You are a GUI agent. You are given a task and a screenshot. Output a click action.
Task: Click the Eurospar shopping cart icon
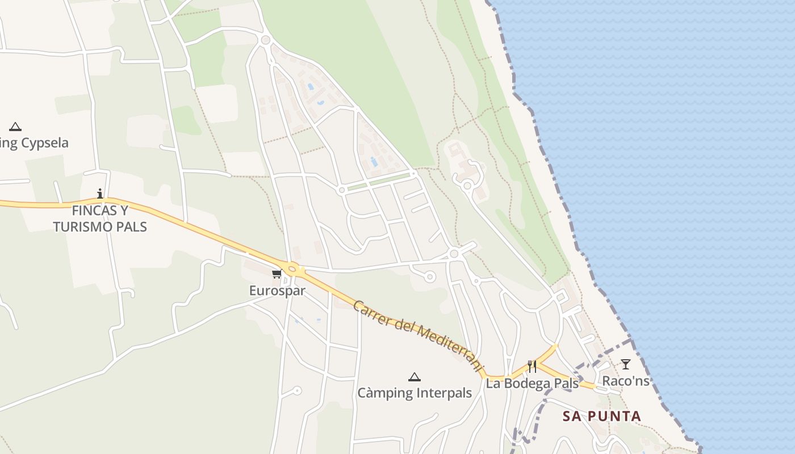point(277,274)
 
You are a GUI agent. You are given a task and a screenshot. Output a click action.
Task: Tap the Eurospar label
point(277,291)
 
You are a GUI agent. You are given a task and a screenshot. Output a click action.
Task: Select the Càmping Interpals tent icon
point(415,377)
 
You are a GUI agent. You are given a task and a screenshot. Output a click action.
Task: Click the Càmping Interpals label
point(415,393)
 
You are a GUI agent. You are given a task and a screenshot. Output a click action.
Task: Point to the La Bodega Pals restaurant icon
point(532,367)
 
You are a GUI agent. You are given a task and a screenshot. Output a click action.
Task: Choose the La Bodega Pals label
point(532,384)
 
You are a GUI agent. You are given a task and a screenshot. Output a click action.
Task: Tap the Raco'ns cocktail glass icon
point(625,364)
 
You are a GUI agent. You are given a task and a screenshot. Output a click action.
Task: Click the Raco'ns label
point(625,381)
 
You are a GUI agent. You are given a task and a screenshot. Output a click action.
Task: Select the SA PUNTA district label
point(601,416)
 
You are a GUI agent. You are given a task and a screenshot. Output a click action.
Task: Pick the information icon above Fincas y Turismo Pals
point(101,194)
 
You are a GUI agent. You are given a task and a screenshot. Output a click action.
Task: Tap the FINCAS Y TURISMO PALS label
point(100,219)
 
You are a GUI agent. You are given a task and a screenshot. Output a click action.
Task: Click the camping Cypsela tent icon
point(15,127)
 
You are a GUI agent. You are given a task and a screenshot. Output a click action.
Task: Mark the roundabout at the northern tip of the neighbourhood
point(265,40)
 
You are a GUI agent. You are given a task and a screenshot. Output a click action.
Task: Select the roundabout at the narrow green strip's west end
point(342,190)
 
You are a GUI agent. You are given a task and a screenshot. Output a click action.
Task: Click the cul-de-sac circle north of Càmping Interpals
point(430,277)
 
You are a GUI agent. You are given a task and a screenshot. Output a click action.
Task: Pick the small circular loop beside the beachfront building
point(467,185)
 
